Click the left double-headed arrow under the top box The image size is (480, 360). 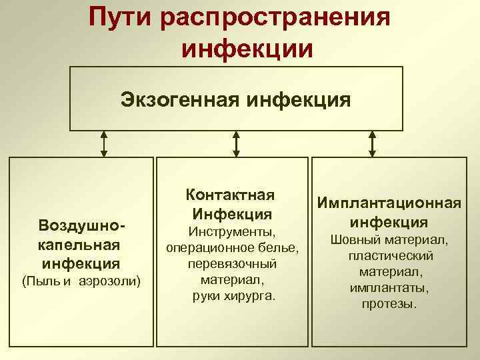(x=104, y=143)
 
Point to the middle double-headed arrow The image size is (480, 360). (x=237, y=143)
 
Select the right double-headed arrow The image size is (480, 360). (x=372, y=143)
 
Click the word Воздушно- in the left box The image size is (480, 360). (x=82, y=224)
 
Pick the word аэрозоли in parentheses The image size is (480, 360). (x=109, y=281)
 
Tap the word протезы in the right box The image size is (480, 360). (x=390, y=304)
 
